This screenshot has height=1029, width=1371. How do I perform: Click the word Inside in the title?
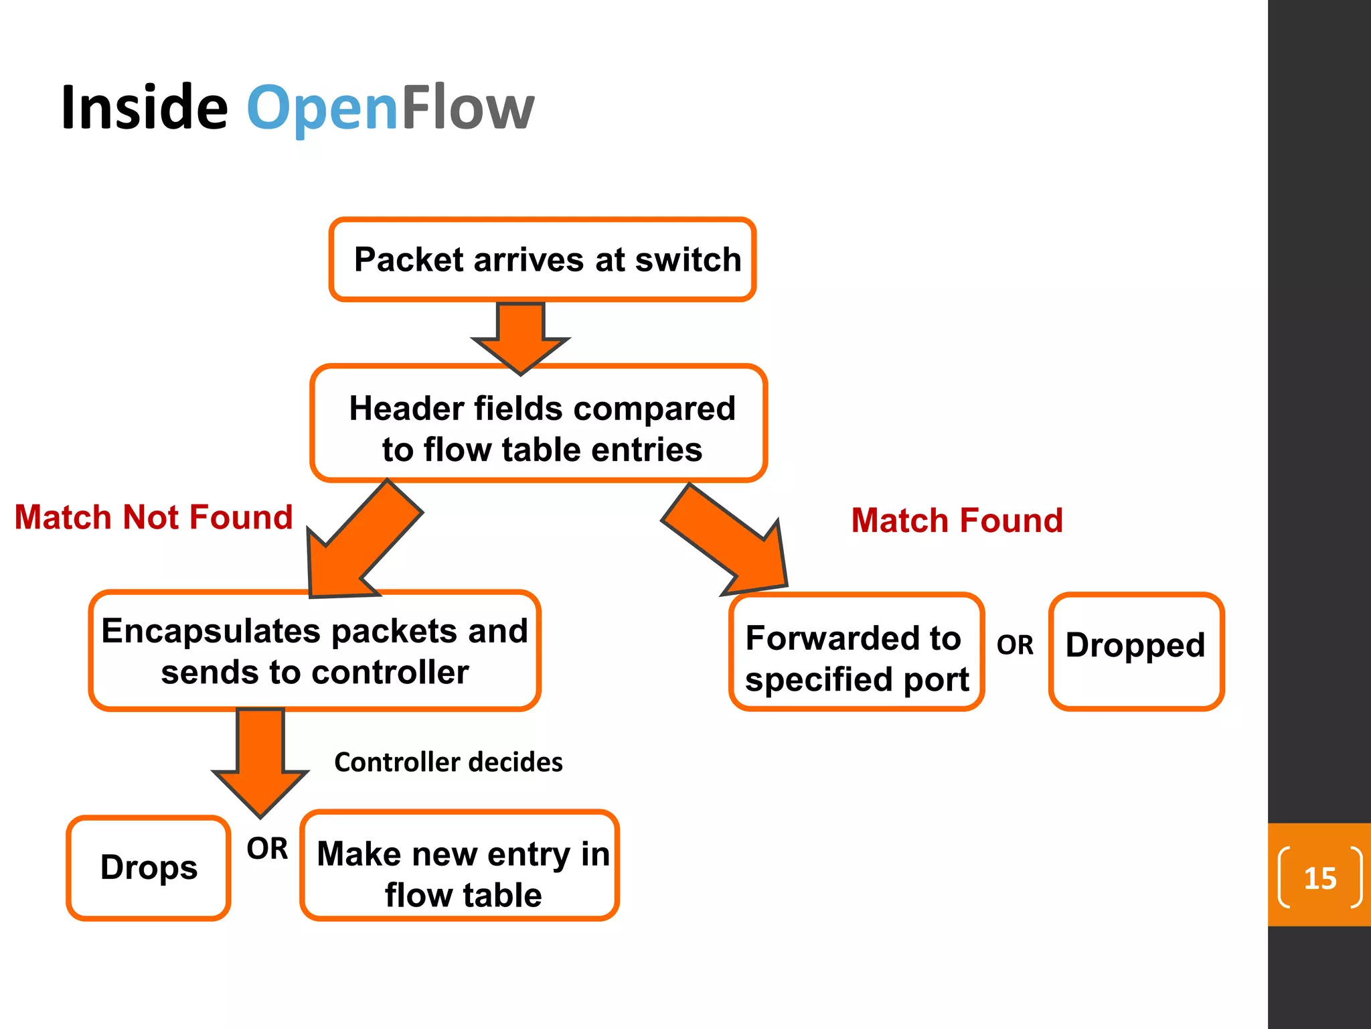144,107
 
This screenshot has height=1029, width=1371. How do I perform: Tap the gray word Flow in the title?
467,107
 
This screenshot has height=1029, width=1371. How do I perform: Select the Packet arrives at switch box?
543,260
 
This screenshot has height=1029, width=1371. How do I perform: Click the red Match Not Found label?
154,518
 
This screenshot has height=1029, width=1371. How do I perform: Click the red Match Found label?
957,521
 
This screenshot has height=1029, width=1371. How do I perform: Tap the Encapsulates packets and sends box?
315,651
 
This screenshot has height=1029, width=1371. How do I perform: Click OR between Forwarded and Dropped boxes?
1015,645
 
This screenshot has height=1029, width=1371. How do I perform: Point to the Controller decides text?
449,762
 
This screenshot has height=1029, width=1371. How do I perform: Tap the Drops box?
149,868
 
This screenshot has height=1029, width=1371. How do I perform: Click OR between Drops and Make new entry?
267,849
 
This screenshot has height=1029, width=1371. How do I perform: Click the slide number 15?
1319,878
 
